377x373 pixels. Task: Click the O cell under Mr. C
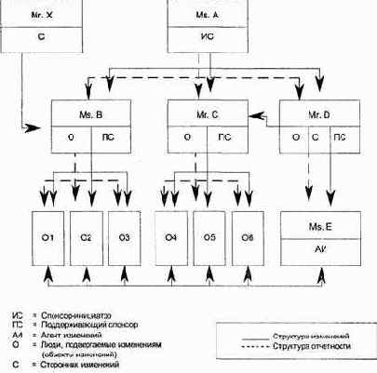click(x=189, y=138)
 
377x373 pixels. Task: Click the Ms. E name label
click(x=321, y=227)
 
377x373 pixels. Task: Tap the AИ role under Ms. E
click(x=321, y=251)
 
